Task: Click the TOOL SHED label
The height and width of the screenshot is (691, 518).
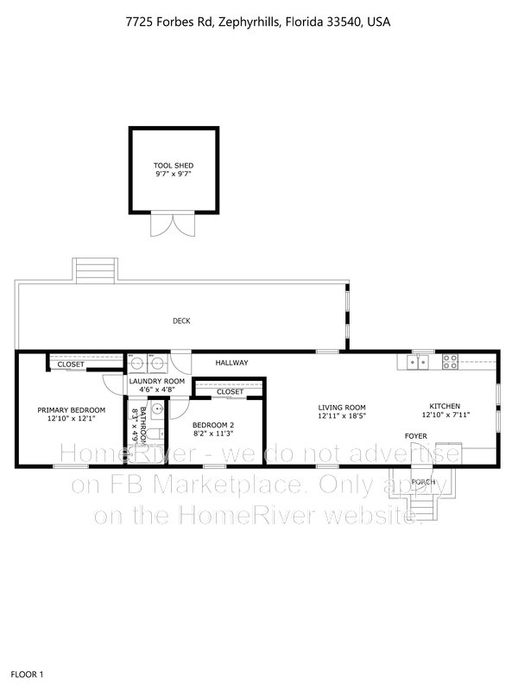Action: [x=174, y=165]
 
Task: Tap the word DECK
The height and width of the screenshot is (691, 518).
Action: [x=181, y=321]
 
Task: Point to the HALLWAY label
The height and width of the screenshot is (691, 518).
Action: [x=231, y=363]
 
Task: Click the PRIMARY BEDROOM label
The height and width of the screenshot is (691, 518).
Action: [x=71, y=409]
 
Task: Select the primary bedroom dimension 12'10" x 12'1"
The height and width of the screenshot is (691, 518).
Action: [x=71, y=419]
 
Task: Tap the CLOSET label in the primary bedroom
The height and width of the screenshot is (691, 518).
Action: [x=71, y=365]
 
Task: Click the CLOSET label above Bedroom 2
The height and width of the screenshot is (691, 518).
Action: [x=230, y=392]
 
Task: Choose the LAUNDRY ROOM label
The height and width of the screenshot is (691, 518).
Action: [x=157, y=381]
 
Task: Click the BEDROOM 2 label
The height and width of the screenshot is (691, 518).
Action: [x=213, y=425]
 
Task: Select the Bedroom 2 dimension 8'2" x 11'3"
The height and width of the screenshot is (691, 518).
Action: [x=213, y=434]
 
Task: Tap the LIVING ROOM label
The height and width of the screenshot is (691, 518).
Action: [x=343, y=407]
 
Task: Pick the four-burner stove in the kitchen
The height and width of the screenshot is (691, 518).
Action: [x=451, y=362]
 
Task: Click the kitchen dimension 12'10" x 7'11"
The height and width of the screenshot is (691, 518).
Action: [x=445, y=415]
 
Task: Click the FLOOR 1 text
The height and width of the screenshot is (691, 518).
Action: [x=27, y=673]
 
